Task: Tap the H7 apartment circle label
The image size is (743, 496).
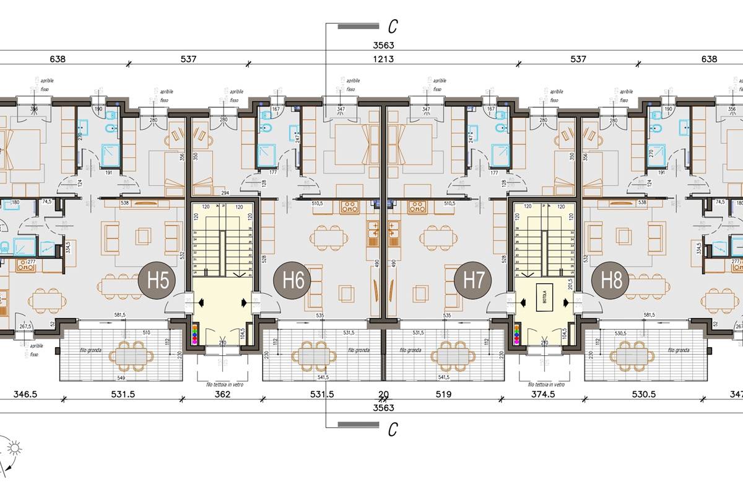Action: point(473,280)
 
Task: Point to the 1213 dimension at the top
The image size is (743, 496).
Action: point(384,60)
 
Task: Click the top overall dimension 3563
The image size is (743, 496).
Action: point(384,45)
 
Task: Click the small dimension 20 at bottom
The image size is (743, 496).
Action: point(384,394)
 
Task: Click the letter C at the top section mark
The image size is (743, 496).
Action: point(392,26)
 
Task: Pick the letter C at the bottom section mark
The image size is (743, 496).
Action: point(392,429)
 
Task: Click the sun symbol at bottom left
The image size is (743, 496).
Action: point(14,448)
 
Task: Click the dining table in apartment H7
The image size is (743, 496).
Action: point(438,236)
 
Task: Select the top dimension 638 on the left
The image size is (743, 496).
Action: point(58,60)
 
